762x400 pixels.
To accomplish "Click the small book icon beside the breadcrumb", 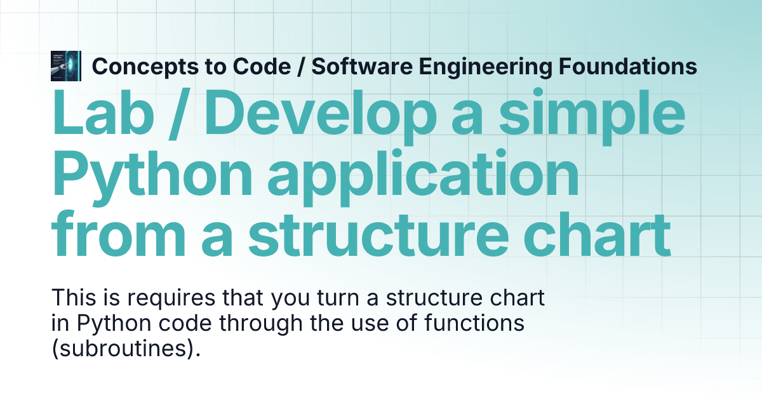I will tap(65, 66).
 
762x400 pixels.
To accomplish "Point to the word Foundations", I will tap(625, 66).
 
